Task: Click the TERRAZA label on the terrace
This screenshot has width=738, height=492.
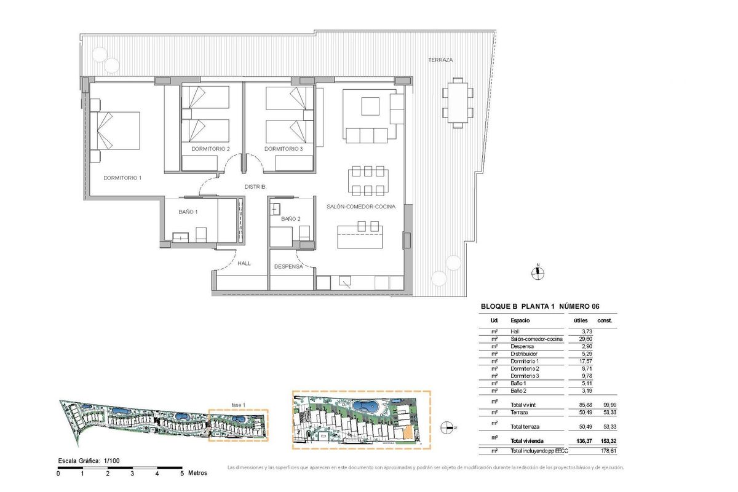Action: [x=440, y=60]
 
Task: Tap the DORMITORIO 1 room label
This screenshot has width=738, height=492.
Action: [x=122, y=178]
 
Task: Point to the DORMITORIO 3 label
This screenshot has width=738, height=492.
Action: [x=284, y=149]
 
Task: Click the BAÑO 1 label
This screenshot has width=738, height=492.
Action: [x=188, y=212]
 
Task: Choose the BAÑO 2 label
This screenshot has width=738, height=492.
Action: [x=290, y=219]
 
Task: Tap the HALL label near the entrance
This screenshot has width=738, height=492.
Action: [x=244, y=263]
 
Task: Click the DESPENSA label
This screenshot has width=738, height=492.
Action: [x=288, y=267]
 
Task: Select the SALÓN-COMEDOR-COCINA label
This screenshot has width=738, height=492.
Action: [x=360, y=207]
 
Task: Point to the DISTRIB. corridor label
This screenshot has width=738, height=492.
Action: [x=255, y=186]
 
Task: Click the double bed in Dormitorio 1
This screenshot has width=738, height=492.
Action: [x=117, y=130]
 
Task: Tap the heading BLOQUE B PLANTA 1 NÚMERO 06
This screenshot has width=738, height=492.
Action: [x=539, y=306]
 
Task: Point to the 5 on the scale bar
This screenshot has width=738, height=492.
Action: [x=182, y=474]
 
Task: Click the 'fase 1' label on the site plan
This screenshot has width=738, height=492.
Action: [x=238, y=404]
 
